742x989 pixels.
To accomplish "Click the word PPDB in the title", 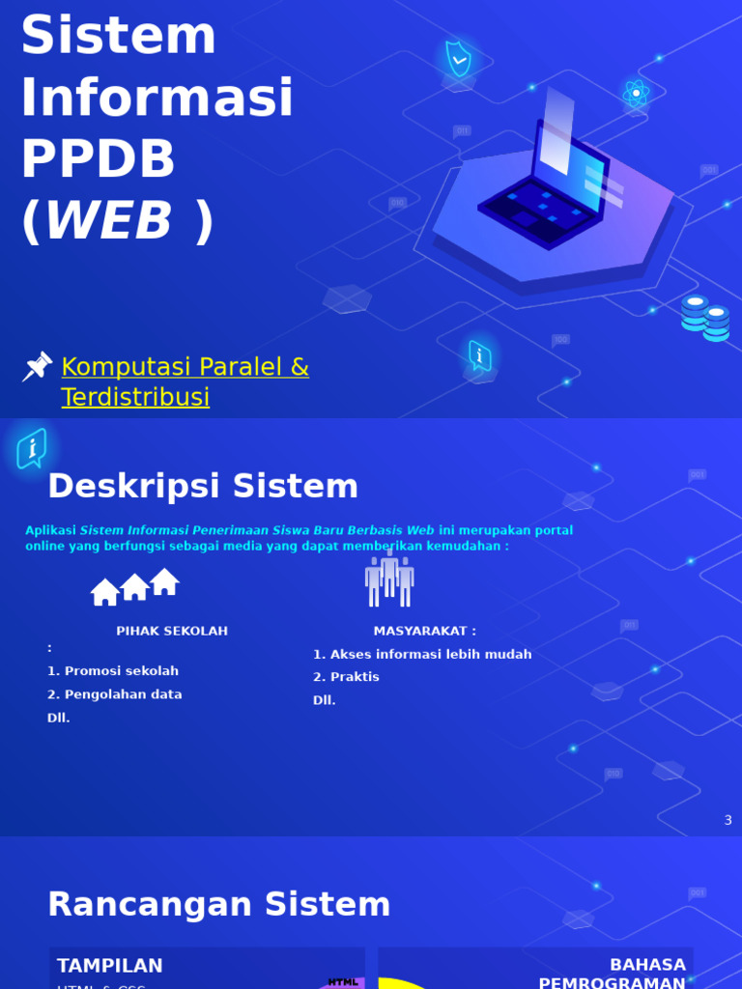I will (x=98, y=159).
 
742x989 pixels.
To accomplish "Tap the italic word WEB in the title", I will (x=108, y=221).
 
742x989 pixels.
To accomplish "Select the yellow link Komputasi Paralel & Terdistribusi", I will (x=185, y=381).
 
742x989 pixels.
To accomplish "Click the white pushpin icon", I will (x=37, y=367).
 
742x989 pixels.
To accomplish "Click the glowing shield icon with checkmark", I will (x=458, y=59).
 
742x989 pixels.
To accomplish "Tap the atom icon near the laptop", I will (x=635, y=93).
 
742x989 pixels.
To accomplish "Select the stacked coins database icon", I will (x=705, y=318).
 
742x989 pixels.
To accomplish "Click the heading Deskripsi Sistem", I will (x=203, y=487).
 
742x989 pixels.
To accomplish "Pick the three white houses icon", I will (x=135, y=586).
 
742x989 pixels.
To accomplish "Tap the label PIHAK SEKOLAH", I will (x=172, y=631).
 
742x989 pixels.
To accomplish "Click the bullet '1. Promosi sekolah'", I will (x=113, y=671).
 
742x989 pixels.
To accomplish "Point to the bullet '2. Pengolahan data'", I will (x=115, y=694).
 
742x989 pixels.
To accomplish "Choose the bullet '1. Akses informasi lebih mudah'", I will (x=422, y=654).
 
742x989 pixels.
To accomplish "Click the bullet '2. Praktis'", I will (x=346, y=677).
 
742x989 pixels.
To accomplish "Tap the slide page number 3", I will (x=728, y=820).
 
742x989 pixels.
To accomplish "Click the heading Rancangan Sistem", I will (x=219, y=905).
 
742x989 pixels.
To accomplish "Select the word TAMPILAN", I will (x=110, y=966).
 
